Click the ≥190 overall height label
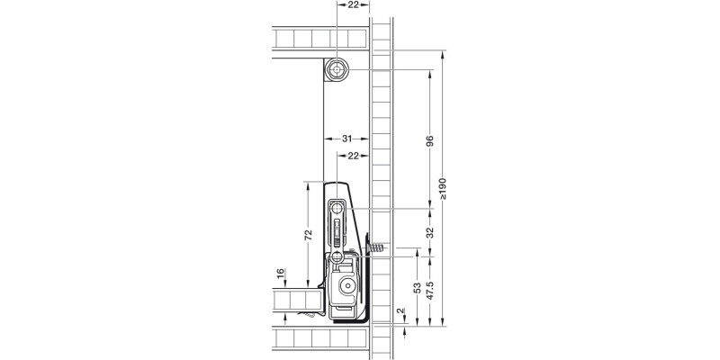click(x=442, y=188)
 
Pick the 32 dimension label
click(x=429, y=232)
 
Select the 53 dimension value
click(x=417, y=289)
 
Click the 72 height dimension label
click(x=307, y=235)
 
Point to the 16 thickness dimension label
click(x=280, y=274)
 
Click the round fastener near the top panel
click(x=337, y=70)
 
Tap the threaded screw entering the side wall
click(x=375, y=246)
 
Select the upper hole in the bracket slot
click(x=337, y=208)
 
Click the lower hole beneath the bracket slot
click(x=337, y=257)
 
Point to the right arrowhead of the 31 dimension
click(x=364, y=139)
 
